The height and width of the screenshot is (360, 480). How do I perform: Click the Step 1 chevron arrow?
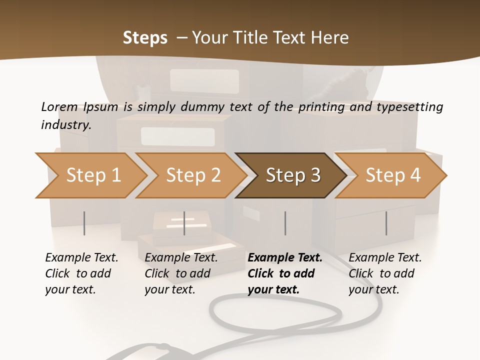[x=92, y=175]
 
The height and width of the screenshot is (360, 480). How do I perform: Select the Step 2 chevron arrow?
[x=192, y=175]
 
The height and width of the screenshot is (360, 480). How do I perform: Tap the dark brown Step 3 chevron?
[x=292, y=175]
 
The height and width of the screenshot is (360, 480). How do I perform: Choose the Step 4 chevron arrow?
[x=392, y=175]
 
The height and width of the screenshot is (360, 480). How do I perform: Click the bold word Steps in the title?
[x=145, y=38]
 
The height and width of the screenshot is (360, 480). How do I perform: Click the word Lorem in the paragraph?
[x=59, y=106]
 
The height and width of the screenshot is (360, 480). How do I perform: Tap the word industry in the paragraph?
[x=66, y=124]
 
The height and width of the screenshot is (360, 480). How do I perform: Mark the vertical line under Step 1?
[x=84, y=223]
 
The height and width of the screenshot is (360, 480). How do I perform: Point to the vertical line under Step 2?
[x=184, y=223]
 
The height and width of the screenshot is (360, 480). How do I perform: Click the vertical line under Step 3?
[x=285, y=223]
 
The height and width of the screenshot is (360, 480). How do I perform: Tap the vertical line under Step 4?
[x=386, y=223]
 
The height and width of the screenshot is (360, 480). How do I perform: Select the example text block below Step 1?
[x=81, y=273]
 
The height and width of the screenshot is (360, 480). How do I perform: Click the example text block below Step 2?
[x=181, y=273]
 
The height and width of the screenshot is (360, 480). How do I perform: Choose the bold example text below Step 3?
[x=285, y=273]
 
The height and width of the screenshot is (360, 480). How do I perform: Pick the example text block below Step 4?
[x=385, y=273]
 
